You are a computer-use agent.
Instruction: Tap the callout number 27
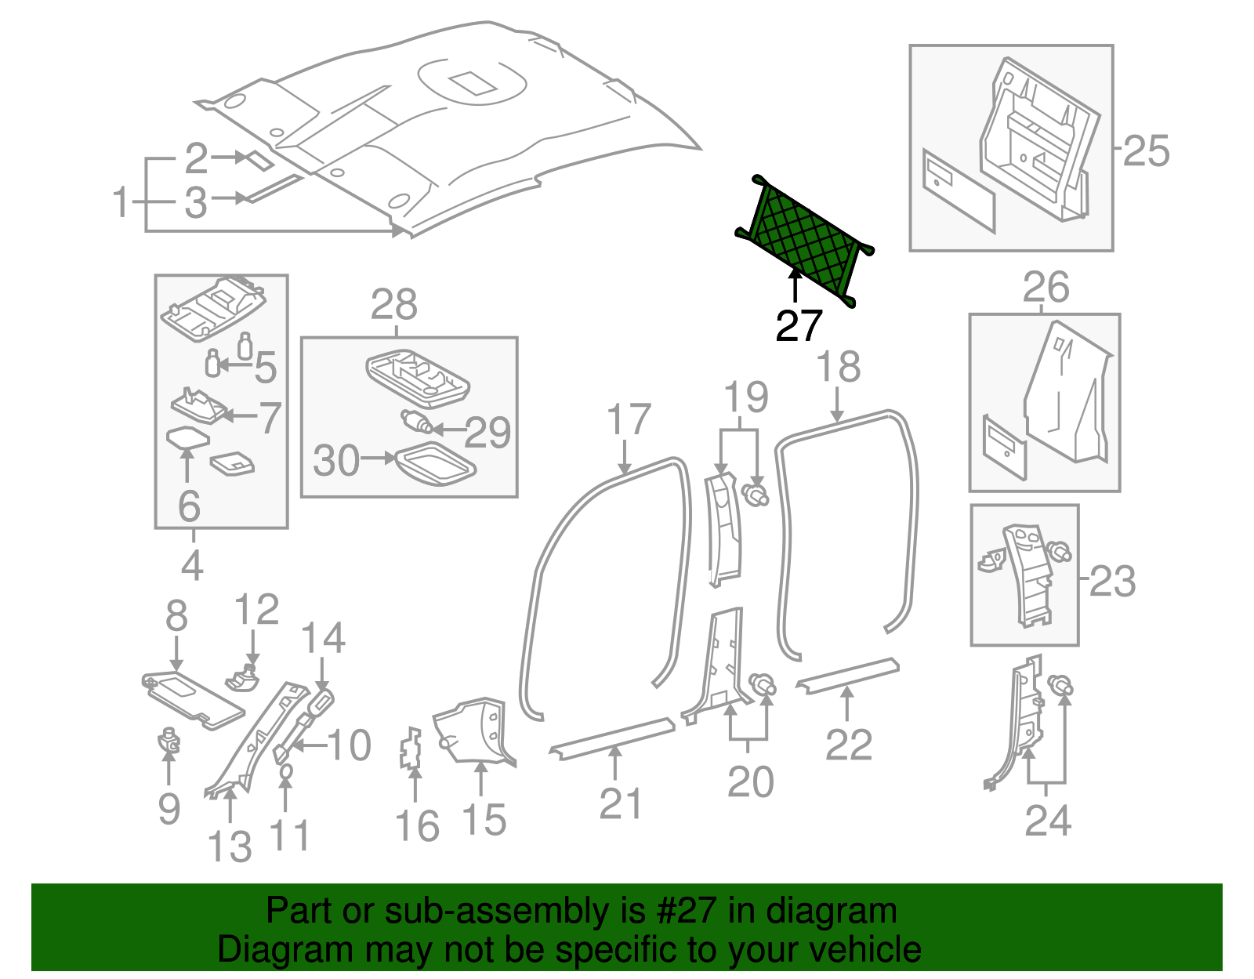[799, 325]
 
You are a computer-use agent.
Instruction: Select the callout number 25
[1146, 150]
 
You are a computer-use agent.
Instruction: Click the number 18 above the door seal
[838, 367]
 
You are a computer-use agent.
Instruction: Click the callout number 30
[336, 460]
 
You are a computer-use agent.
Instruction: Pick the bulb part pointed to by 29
[415, 422]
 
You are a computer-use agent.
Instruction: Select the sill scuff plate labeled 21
[612, 736]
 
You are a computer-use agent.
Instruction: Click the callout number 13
[230, 847]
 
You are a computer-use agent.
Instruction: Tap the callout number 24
[1048, 821]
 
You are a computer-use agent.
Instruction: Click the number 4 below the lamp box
[192, 564]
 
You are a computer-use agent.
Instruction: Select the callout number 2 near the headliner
[196, 159]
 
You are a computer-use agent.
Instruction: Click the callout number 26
[1046, 288]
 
